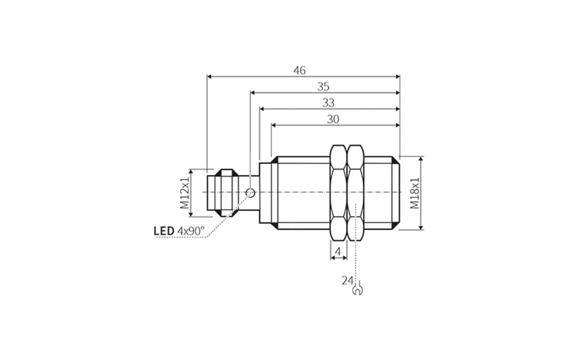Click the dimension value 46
299,70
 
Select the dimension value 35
323,86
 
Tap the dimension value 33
328,103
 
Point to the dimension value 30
333,119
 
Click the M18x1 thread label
414,193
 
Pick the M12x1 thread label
185,193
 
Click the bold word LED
164,231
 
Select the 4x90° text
191,231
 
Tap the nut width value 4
339,252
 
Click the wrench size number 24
347,280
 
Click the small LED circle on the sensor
250,193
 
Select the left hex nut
339,193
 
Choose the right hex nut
356,193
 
